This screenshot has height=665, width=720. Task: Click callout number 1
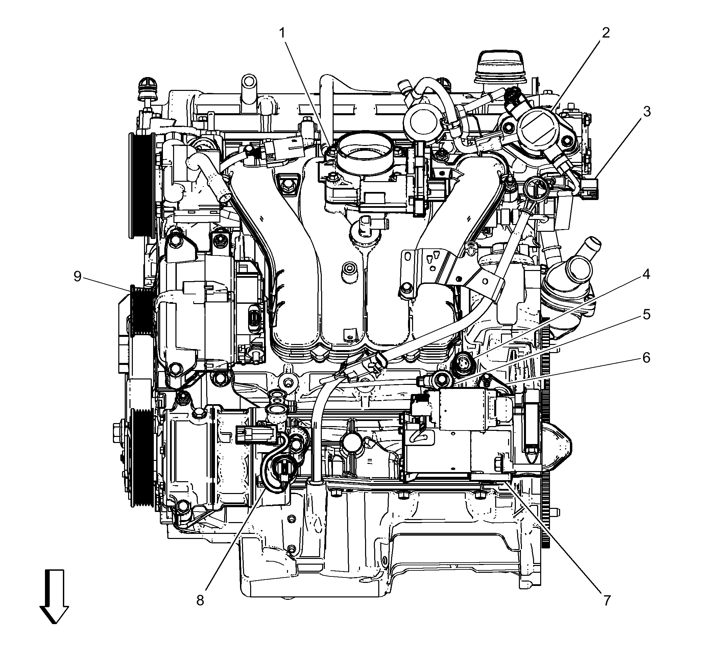pyautogui.click(x=283, y=33)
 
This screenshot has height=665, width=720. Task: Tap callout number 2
pyautogui.click(x=606, y=33)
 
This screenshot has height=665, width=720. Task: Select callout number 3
pyautogui.click(x=647, y=112)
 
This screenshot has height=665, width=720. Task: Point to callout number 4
pyautogui.click(x=646, y=275)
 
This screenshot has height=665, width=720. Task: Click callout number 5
pyautogui.click(x=647, y=315)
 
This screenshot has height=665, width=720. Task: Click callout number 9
pyautogui.click(x=77, y=276)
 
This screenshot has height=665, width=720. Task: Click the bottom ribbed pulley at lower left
pyautogui.click(x=142, y=457)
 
